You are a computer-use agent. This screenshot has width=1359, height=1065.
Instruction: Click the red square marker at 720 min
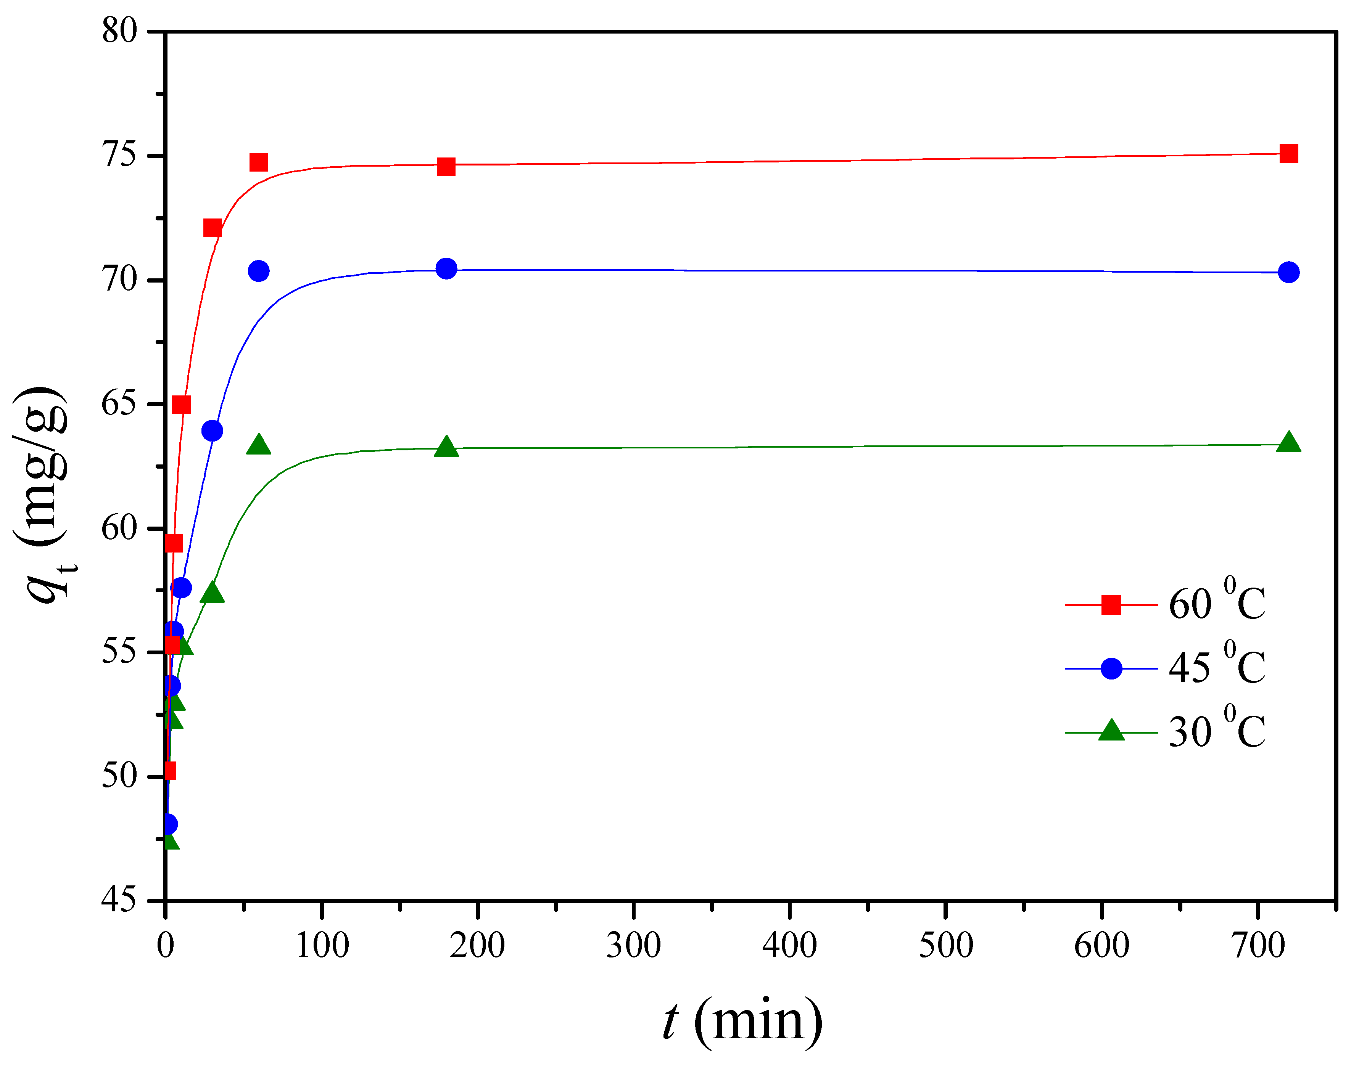(1288, 153)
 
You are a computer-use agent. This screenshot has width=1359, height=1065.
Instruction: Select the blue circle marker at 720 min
(1288, 272)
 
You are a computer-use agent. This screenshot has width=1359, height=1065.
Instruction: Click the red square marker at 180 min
(446, 167)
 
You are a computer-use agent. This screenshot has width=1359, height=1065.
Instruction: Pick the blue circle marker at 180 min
(446, 269)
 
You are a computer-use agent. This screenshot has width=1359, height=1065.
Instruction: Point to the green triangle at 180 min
(446, 447)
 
